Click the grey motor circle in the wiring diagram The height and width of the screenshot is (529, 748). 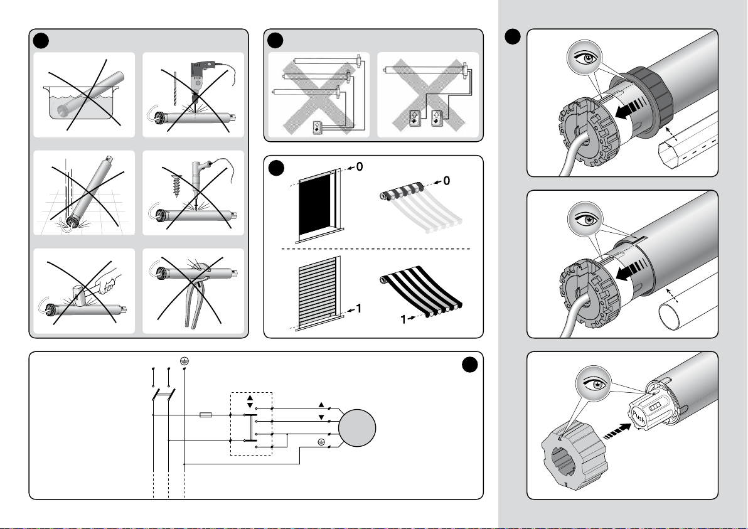(x=357, y=428)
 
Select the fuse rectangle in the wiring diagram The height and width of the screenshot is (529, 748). (x=206, y=415)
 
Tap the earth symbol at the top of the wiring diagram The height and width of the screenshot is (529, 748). (x=184, y=361)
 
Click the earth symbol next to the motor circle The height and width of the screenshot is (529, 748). (x=321, y=442)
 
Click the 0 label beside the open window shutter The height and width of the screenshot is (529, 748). (x=359, y=166)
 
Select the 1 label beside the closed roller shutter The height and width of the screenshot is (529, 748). (x=359, y=309)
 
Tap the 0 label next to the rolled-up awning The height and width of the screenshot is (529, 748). (x=447, y=181)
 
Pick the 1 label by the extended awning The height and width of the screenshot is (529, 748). (x=403, y=319)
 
